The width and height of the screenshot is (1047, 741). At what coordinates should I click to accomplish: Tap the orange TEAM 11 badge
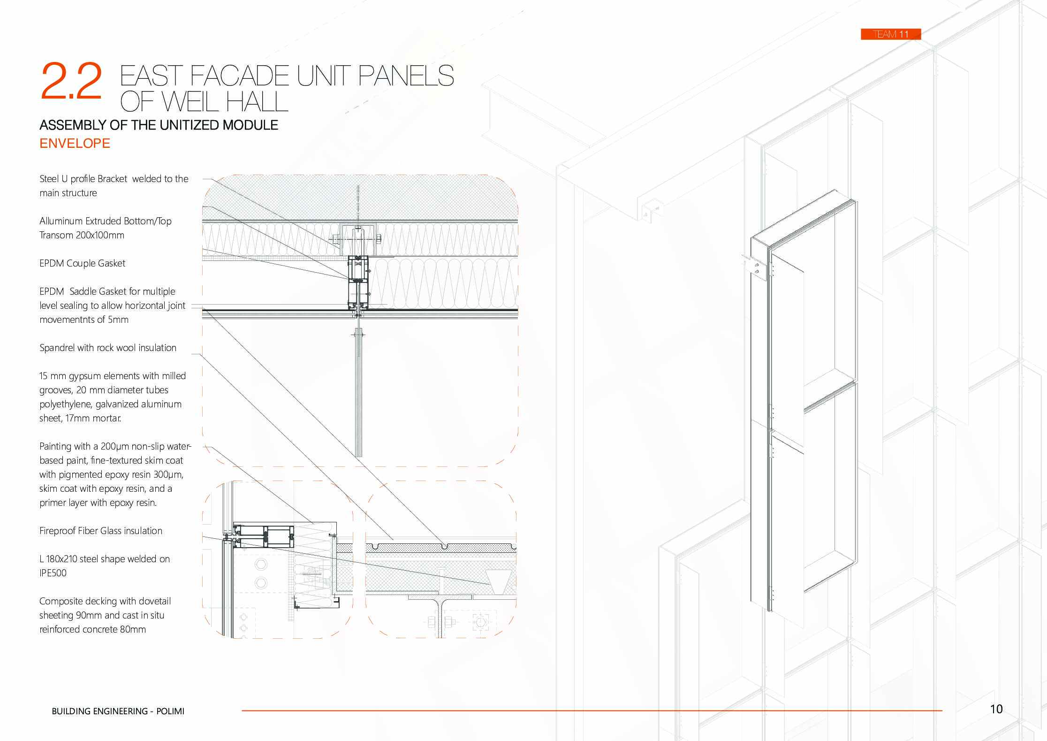point(890,34)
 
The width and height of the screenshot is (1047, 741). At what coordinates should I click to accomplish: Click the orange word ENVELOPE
point(75,143)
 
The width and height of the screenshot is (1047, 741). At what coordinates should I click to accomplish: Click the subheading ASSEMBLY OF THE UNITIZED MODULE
point(159,125)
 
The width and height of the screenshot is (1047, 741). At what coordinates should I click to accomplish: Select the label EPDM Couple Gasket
point(82,263)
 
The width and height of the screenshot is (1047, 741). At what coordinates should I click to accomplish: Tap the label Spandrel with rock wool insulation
point(108,348)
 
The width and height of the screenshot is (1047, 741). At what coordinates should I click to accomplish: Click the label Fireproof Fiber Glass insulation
point(100,531)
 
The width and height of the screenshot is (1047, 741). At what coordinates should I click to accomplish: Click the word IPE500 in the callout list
point(53,573)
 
